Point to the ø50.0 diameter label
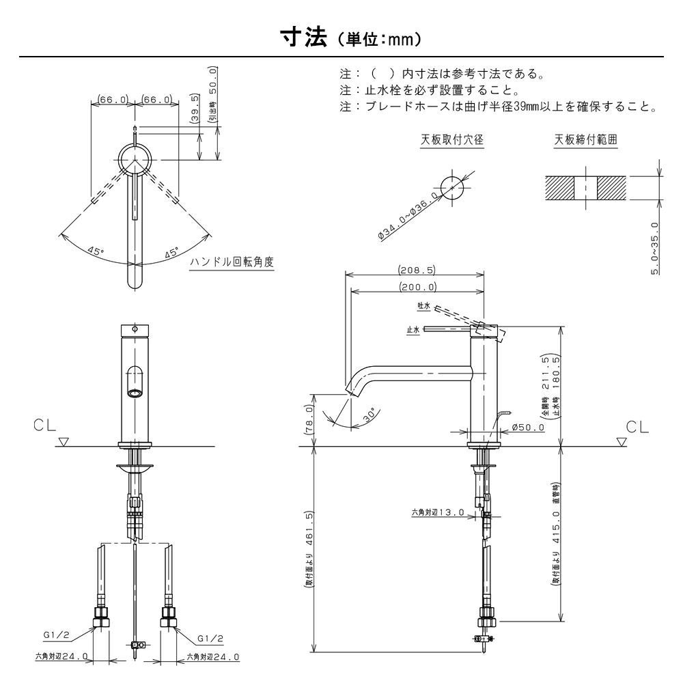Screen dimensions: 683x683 pyautogui.click(x=527, y=428)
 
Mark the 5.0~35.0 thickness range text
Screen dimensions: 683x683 pyautogui.click(x=655, y=248)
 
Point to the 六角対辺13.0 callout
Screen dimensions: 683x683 pyautogui.click(x=437, y=512)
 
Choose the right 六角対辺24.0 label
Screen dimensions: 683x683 pyautogui.click(x=213, y=657)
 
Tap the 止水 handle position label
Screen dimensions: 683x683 pyautogui.click(x=413, y=330)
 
